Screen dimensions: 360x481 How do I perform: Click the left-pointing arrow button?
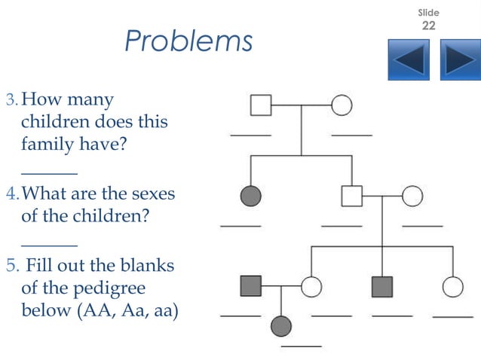(x=409, y=59)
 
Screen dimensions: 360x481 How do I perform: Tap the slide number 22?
(x=428, y=26)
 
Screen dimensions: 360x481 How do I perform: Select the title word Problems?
(x=188, y=41)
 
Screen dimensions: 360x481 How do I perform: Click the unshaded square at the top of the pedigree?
(x=261, y=105)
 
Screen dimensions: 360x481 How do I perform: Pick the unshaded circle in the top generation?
(x=342, y=105)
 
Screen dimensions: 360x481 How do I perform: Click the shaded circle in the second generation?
(x=250, y=196)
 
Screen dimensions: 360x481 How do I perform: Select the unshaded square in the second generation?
(x=351, y=196)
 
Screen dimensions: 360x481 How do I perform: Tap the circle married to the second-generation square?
(x=412, y=196)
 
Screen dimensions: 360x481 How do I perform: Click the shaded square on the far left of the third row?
(x=250, y=286)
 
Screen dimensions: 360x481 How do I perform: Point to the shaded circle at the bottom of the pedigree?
(x=281, y=326)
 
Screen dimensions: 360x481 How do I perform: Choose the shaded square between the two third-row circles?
(x=382, y=286)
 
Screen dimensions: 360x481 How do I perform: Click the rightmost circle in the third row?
(x=452, y=286)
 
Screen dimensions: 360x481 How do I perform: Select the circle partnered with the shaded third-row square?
(x=311, y=286)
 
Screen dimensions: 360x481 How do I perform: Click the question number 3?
(x=11, y=100)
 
